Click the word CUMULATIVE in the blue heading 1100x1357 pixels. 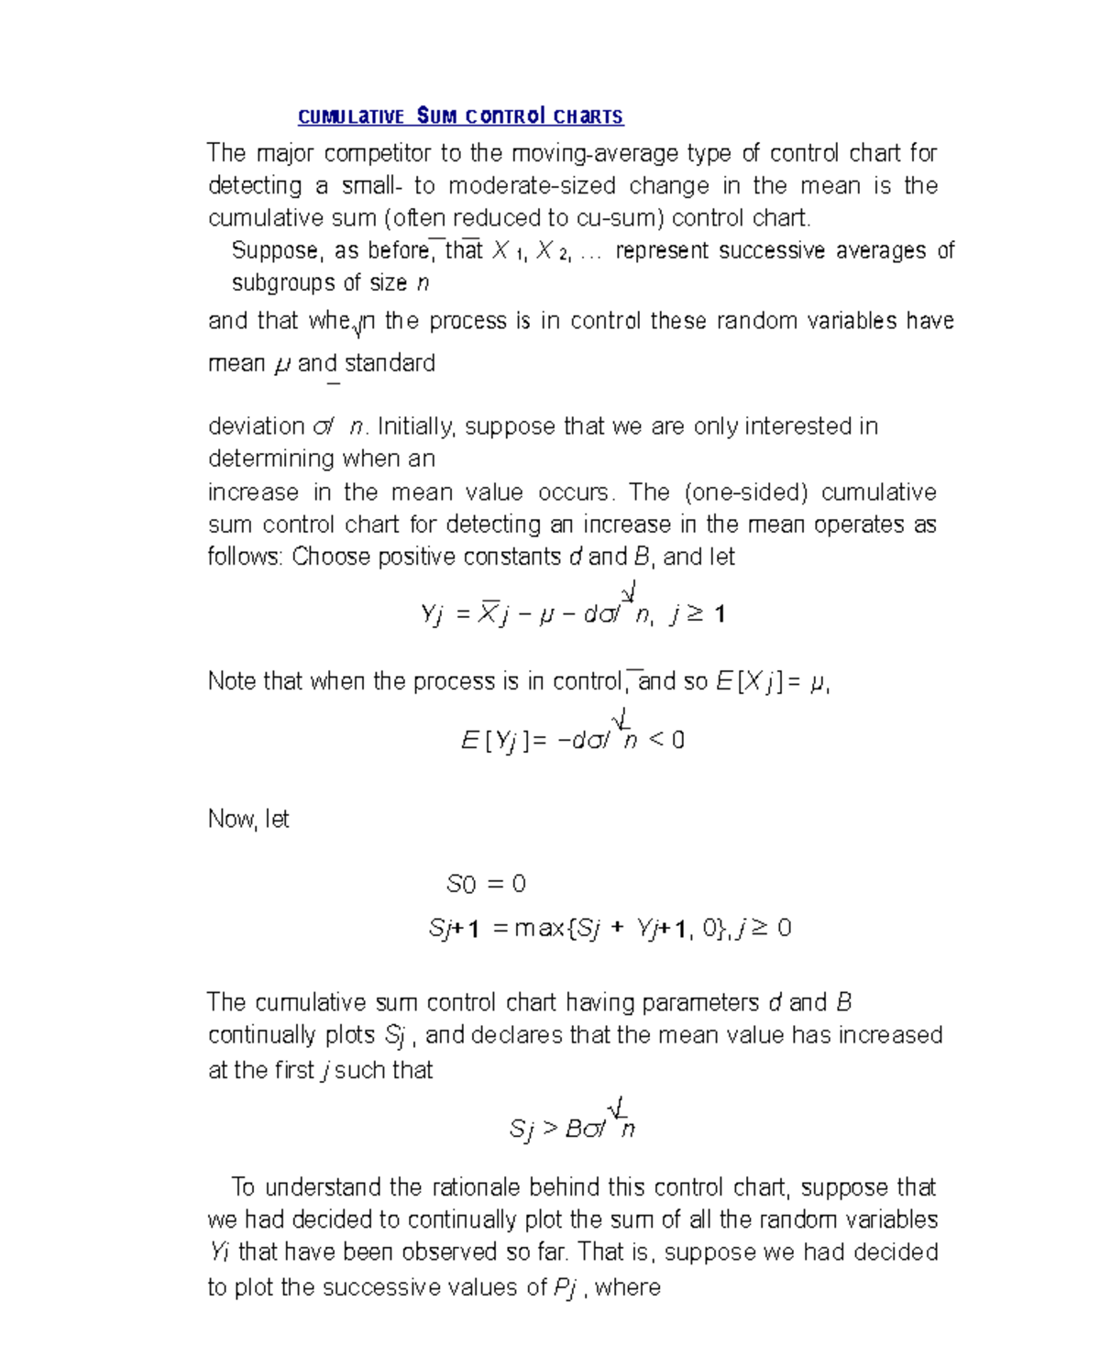(x=350, y=116)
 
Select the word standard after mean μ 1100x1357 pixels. (x=390, y=363)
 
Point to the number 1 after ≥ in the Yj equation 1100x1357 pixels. (x=720, y=614)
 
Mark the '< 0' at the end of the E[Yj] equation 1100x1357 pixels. (x=666, y=740)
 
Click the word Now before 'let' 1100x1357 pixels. (x=232, y=819)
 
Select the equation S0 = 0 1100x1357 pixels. (x=486, y=884)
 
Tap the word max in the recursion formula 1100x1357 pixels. (x=540, y=929)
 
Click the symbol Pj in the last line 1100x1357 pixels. (x=566, y=1288)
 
